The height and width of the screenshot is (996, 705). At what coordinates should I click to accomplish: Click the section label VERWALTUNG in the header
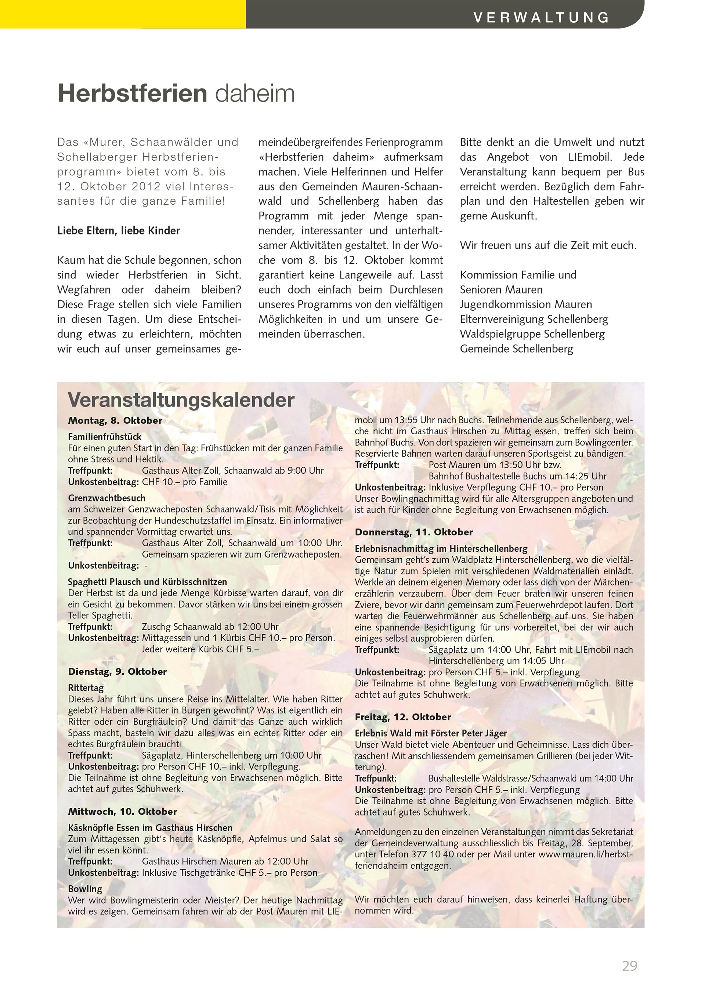541,17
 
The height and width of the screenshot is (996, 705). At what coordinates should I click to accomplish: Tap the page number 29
629,966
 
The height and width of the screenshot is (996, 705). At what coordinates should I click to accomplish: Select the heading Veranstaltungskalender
181,400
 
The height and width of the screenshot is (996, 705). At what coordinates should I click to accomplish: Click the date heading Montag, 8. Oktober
115,420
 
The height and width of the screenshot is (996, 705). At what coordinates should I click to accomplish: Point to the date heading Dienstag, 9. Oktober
117,671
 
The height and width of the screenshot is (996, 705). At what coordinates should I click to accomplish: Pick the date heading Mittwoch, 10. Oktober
122,811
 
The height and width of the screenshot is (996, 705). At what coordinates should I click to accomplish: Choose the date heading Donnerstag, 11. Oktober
414,532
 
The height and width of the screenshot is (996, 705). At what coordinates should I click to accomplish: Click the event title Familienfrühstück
105,437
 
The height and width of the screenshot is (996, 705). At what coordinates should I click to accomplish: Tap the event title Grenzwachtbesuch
106,498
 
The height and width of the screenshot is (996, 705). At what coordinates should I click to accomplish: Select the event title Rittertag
86,687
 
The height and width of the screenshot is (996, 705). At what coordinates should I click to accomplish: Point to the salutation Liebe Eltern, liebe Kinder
119,231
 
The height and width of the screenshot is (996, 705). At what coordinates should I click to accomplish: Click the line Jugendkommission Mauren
526,304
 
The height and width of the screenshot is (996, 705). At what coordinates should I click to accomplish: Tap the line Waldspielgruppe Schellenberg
532,334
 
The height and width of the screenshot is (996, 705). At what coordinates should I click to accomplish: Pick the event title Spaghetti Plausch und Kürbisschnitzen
147,582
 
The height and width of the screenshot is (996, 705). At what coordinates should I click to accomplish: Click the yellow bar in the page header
123,14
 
